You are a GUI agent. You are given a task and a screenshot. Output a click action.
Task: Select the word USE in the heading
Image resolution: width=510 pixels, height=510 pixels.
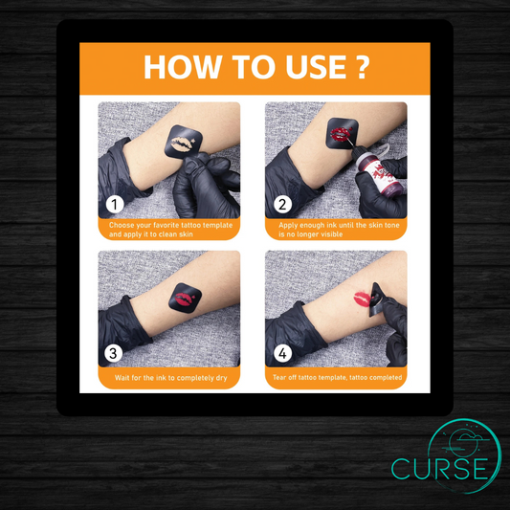(316, 67)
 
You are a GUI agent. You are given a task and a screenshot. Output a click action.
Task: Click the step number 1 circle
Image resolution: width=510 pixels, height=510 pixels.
(115, 204)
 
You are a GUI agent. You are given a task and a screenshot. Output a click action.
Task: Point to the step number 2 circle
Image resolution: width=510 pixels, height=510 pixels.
(282, 204)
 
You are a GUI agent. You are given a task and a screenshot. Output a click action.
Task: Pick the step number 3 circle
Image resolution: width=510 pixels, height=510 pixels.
(113, 353)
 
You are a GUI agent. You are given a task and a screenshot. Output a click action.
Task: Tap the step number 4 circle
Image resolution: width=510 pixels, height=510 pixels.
(282, 353)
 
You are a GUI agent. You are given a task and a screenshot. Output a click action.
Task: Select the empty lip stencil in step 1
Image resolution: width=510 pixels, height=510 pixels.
(184, 143)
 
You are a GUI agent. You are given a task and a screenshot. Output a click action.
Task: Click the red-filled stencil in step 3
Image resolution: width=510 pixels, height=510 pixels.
(185, 298)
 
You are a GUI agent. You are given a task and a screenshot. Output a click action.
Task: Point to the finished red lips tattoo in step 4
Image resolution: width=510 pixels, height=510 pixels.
(362, 299)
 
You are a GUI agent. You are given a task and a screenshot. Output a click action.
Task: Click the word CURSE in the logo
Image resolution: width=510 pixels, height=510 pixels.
(440, 469)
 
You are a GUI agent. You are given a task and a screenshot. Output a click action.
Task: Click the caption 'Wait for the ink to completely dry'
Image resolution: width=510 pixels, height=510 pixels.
(170, 378)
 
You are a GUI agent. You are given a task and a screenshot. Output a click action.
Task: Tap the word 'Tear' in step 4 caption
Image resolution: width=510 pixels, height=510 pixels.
(279, 378)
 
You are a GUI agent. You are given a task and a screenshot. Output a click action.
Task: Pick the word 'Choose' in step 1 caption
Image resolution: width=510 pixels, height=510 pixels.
(122, 225)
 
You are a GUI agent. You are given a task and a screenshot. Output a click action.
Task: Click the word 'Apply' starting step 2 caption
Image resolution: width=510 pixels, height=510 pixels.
(288, 225)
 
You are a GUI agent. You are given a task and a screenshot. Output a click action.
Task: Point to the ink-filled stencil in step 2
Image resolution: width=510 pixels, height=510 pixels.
(342, 133)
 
